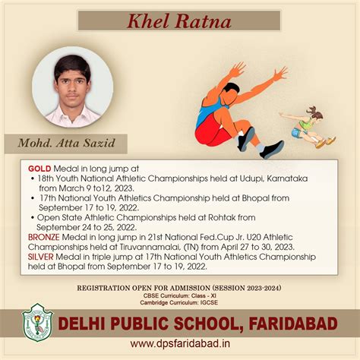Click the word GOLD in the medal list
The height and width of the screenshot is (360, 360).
point(39,167)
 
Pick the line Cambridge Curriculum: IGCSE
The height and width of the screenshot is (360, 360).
point(180,304)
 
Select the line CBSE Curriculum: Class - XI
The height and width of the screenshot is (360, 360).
point(180,296)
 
